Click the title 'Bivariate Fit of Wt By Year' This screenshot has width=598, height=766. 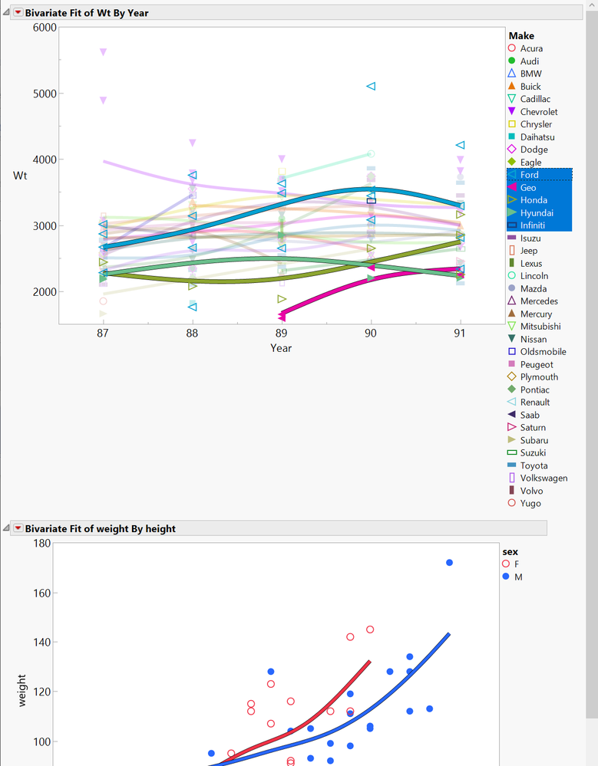pos(87,13)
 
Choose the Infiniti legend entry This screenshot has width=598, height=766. pos(534,225)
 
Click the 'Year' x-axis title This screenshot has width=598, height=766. pos(281,348)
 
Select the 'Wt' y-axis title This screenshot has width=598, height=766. pos(20,176)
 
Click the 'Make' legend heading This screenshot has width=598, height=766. pos(521,35)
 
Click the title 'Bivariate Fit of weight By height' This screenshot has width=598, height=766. pos(100,528)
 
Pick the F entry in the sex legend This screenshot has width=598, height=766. pos(516,564)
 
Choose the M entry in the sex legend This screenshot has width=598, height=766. pos(517,577)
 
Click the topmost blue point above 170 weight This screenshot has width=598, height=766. pos(449,563)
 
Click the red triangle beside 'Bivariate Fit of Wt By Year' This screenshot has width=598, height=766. pos(18,13)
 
